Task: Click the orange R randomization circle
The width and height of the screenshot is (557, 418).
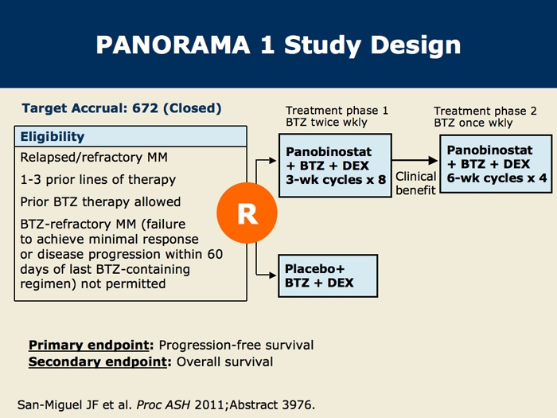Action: coord(247,213)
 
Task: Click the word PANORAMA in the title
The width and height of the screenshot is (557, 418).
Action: coord(173,45)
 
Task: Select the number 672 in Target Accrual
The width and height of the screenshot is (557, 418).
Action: coord(145,108)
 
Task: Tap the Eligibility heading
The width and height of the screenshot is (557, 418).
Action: coord(53,136)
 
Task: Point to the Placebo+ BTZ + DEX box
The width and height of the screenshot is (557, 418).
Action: coord(328,275)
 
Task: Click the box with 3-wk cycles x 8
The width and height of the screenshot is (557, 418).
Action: coord(335,166)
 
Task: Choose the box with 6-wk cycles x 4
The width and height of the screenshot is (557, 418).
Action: coord(496,164)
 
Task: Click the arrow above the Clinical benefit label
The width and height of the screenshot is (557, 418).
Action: coord(415,160)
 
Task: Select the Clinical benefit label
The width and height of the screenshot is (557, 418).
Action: coord(415,183)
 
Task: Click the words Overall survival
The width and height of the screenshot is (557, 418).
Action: coord(225,361)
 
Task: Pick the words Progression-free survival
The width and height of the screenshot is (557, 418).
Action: coord(236,345)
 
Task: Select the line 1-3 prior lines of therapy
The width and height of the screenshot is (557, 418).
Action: coord(98,180)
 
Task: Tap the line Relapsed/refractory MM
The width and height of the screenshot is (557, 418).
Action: coord(94,158)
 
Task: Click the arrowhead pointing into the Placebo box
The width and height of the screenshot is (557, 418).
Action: coord(273,275)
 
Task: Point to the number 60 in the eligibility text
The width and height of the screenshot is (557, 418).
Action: coord(215,254)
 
